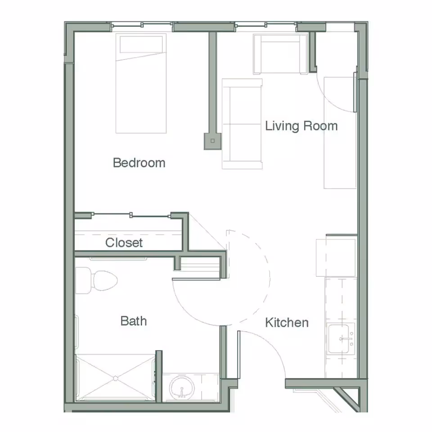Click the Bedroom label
click(139, 163)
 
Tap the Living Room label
click(301, 126)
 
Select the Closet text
click(124, 243)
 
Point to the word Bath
click(134, 321)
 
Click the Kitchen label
click(287, 323)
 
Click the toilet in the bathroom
click(96, 280)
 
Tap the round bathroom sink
click(182, 388)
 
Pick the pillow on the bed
click(141, 45)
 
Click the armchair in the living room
click(280, 54)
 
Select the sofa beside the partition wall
click(242, 124)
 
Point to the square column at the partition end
click(212, 141)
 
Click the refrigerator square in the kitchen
click(336, 257)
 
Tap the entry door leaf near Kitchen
click(239, 355)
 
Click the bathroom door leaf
click(196, 279)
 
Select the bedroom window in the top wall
click(142, 25)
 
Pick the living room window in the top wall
click(266, 25)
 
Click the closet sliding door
click(131, 215)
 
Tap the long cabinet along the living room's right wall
click(340, 133)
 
